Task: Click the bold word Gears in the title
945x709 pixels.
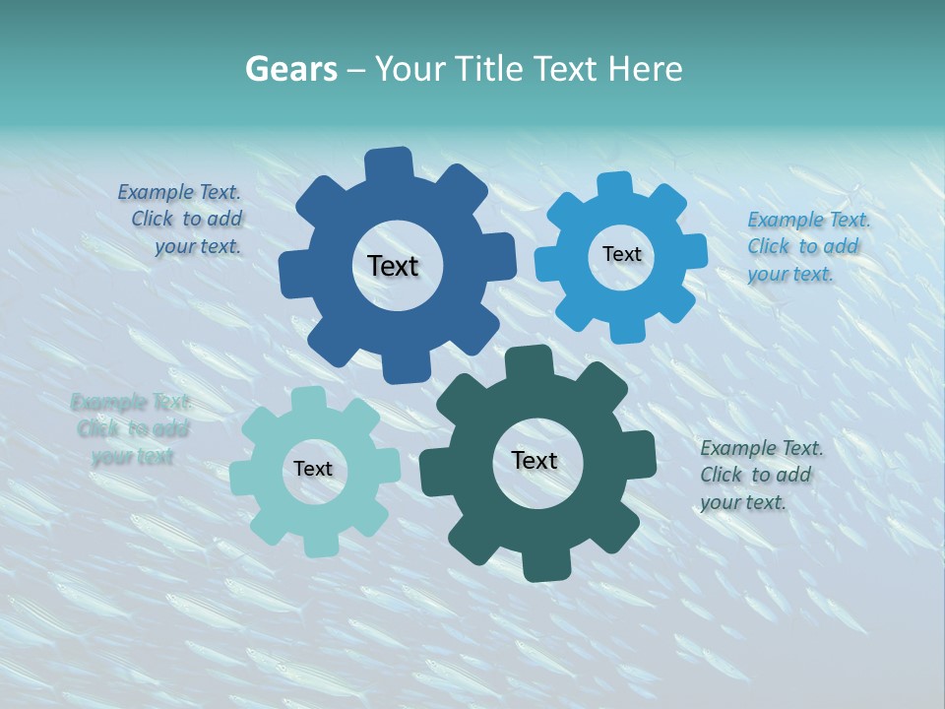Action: [290, 69]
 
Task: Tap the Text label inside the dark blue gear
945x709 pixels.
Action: [393, 266]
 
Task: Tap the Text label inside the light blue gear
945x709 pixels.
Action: [621, 254]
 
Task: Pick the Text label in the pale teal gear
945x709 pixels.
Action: [313, 469]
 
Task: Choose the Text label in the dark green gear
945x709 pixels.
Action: [535, 460]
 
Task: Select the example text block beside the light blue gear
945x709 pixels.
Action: [806, 246]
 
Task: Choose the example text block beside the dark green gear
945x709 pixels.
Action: [760, 475]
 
